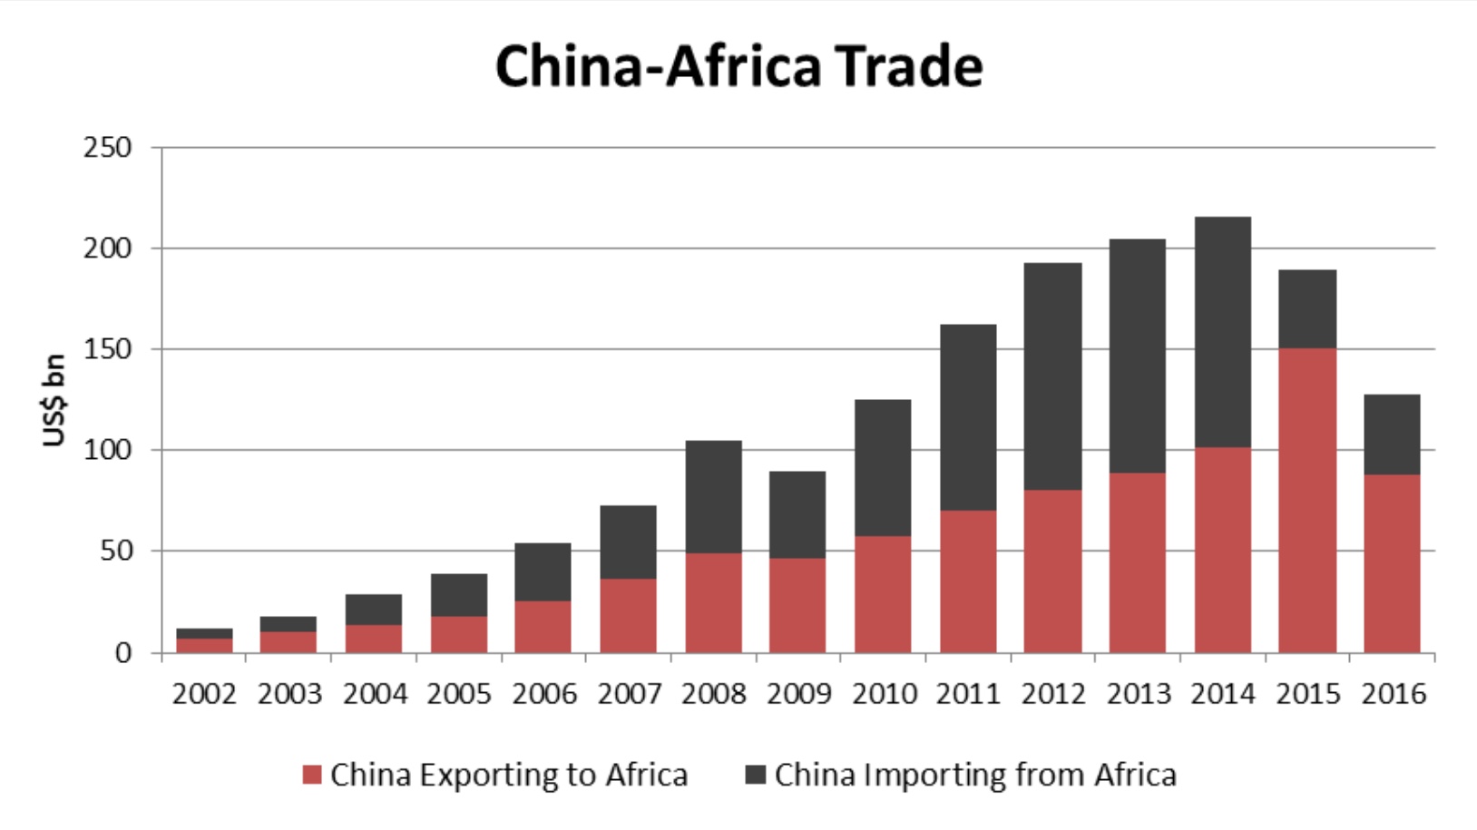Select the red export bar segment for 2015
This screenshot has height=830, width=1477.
[1307, 500]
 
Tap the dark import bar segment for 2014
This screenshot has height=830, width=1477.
[1222, 332]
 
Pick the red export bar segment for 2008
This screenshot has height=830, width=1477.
[713, 602]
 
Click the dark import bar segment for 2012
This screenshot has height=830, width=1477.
[1052, 376]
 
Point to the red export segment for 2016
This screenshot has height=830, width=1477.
[1392, 563]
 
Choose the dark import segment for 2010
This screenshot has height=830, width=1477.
[883, 468]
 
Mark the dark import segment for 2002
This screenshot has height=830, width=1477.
[204, 633]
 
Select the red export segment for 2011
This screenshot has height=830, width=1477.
[968, 581]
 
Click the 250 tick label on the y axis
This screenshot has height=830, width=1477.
[107, 147]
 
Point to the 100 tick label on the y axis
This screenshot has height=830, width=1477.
[107, 450]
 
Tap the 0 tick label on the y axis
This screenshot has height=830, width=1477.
[122, 653]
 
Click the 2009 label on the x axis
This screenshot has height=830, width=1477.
[798, 695]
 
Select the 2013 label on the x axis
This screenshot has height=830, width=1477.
[1138, 695]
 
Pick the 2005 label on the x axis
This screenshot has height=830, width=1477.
[459, 695]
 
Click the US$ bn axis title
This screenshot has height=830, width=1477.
[54, 400]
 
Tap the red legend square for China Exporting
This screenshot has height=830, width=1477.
[312, 776]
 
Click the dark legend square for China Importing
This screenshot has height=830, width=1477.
[755, 776]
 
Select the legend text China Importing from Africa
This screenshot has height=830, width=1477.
[975, 776]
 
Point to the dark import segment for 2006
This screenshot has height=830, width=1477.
[543, 571]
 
